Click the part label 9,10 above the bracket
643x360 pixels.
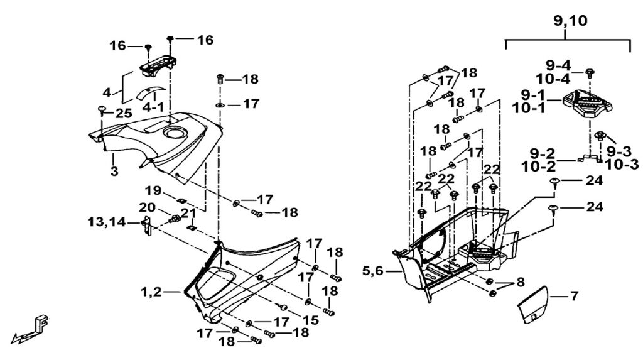(570, 21)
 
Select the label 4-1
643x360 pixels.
(154, 107)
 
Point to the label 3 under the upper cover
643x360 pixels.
(114, 171)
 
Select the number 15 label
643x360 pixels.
(311, 320)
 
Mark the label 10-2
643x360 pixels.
(542, 166)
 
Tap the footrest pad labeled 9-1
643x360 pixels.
(588, 106)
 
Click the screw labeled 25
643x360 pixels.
(100, 111)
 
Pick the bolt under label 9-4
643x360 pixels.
(590, 74)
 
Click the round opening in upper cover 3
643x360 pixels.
(175, 133)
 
